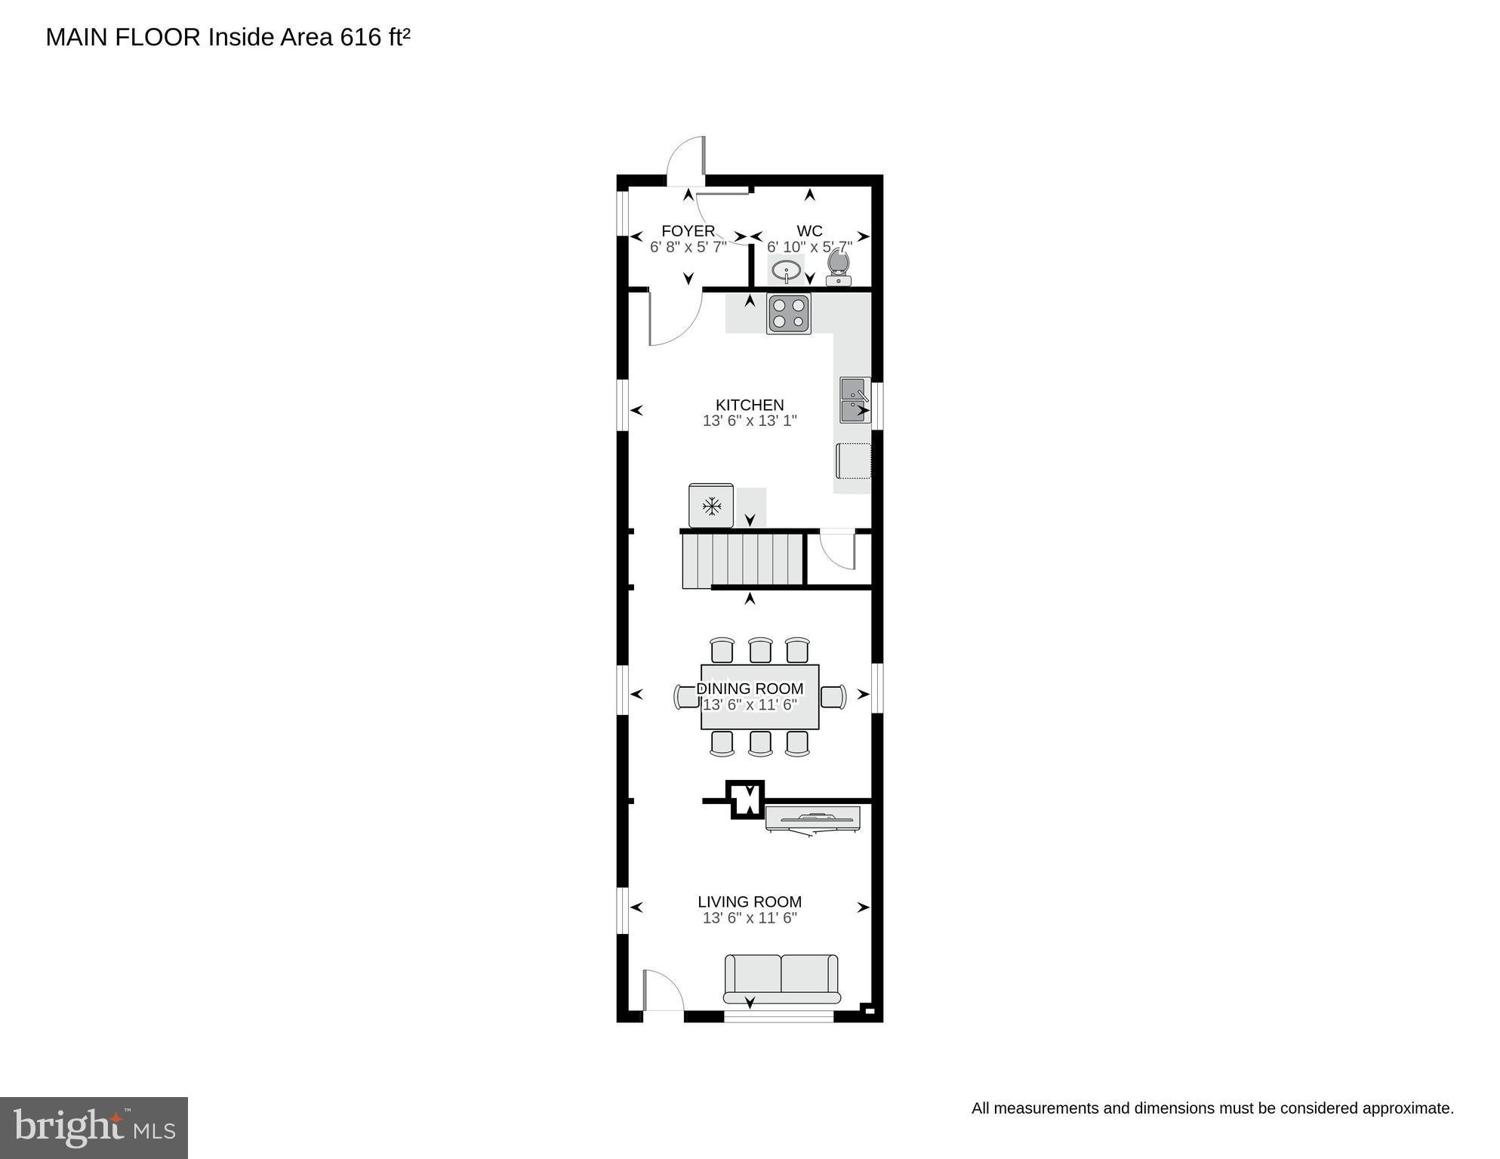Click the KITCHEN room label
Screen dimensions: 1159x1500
[x=749, y=405]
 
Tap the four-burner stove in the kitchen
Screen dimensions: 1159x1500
[x=789, y=314]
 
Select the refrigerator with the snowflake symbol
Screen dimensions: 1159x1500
[x=710, y=506]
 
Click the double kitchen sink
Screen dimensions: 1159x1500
[x=855, y=401]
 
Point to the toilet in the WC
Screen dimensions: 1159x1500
[x=839, y=268]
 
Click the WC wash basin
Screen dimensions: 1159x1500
[x=787, y=270]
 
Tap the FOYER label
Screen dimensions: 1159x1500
[x=688, y=231]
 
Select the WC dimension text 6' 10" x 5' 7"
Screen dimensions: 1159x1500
[x=809, y=247]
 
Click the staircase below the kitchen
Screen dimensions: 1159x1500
[x=742, y=559]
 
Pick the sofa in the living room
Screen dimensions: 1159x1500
[x=781, y=979]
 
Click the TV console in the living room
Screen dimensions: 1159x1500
[x=812, y=818]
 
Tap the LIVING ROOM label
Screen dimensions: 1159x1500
[x=749, y=902]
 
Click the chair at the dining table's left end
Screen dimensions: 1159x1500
[x=687, y=696]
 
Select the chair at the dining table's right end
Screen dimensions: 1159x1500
[x=833, y=696]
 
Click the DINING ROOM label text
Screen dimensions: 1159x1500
[x=749, y=689]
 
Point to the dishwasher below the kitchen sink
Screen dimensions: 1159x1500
[x=853, y=461]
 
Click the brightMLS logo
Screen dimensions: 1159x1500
[x=94, y=1127]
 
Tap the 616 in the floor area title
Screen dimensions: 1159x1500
[x=361, y=37]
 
